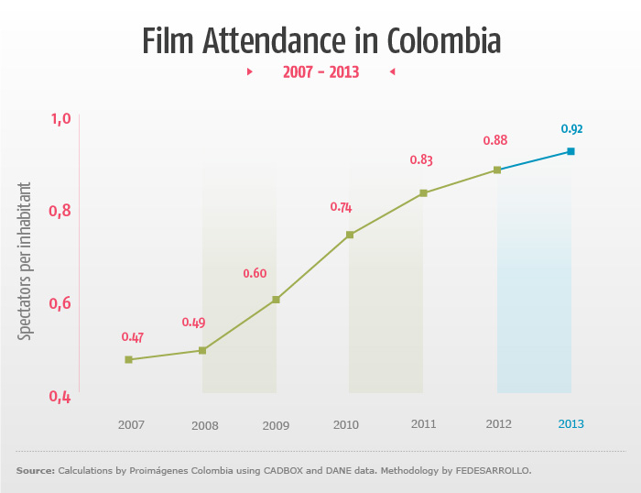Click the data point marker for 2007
pos(129,359)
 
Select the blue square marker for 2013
pos(570,151)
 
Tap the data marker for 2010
pos(350,235)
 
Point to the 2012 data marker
pos(497,170)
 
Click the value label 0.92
pos(571,129)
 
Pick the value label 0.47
pos(133,337)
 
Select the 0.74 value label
pos(341,207)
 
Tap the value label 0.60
pos(254,273)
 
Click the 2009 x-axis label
pos(276,425)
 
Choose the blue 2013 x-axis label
pos(570,424)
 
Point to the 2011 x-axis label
pos(423,424)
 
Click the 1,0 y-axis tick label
pos(60,118)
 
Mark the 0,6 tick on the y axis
pos(60,303)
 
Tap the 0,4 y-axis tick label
pos(60,397)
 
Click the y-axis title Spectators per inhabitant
pos(26,261)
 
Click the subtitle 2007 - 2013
pos(320,71)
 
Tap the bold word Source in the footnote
pos(35,471)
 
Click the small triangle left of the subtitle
pos(250,71)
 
